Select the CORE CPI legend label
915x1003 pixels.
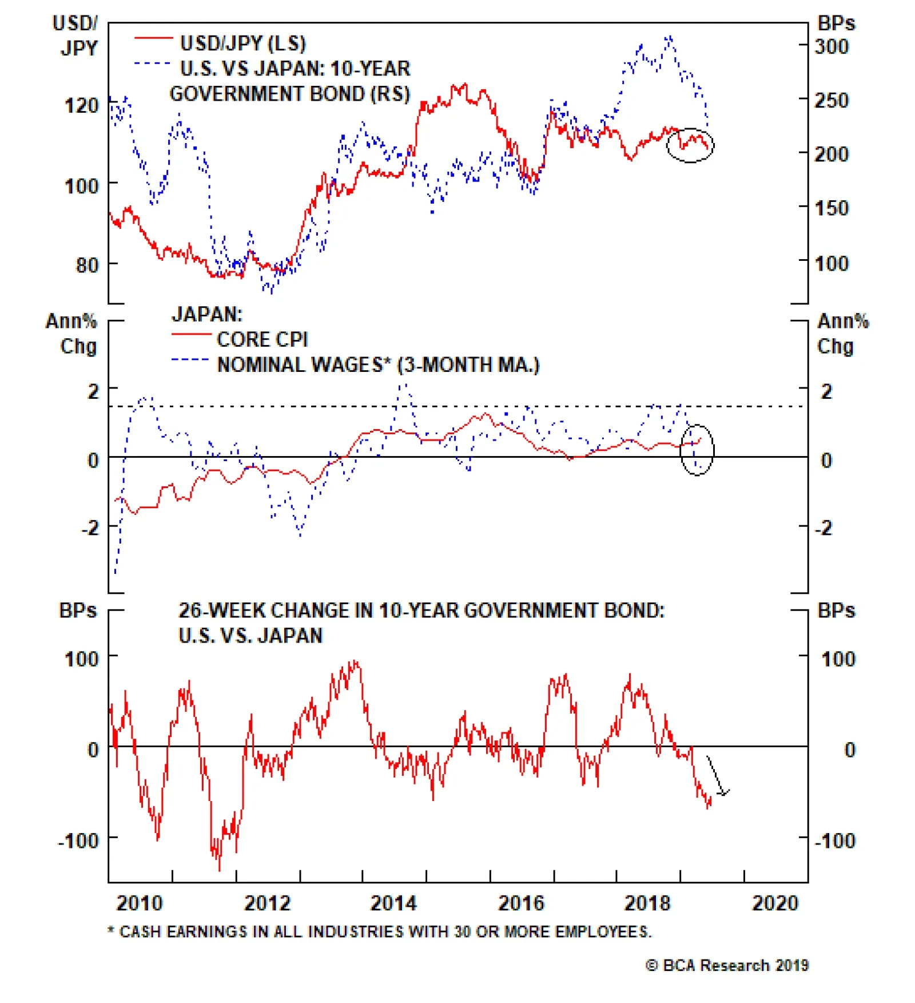262,339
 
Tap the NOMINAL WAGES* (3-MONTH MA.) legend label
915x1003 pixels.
378,364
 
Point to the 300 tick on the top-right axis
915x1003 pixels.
831,46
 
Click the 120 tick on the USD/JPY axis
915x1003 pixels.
81,105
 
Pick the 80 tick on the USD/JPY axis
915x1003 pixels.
87,265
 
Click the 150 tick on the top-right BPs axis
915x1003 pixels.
831,208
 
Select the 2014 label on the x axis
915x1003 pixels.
393,903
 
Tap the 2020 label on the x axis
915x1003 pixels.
775,903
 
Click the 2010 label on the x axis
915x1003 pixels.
140,903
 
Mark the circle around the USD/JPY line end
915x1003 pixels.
690,145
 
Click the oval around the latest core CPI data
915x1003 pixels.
697,450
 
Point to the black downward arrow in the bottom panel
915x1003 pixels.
717,777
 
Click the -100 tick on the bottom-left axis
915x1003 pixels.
79,841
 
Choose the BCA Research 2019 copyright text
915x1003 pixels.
727,965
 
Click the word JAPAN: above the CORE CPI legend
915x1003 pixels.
207,314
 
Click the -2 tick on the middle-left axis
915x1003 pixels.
90,528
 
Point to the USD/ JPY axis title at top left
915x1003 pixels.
75,35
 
